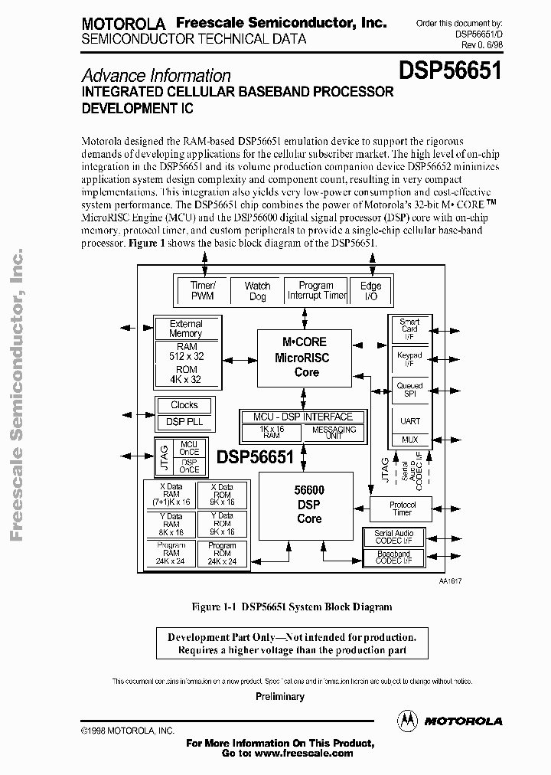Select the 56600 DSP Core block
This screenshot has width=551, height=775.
[308, 505]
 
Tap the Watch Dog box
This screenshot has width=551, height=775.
[257, 291]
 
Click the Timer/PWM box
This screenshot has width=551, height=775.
[202, 291]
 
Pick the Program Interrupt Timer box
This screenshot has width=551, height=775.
[316, 290]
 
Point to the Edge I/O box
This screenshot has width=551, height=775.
[370, 291]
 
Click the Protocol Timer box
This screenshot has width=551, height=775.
[402, 508]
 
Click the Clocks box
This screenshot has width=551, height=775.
[184, 405]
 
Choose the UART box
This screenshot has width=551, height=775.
[409, 421]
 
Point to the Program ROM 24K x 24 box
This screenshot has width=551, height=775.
[221, 554]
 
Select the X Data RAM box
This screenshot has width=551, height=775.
[171, 495]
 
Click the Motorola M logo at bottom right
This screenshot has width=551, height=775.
[406, 721]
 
